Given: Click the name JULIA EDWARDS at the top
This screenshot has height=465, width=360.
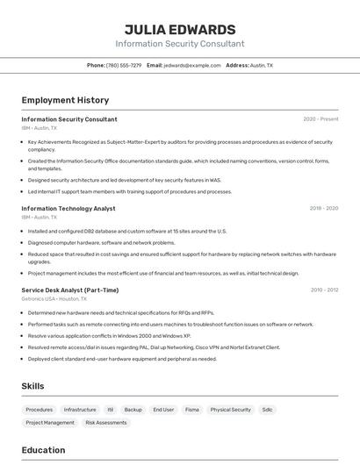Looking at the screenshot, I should click(180, 29).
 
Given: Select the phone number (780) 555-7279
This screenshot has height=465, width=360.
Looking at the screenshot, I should click(123, 65).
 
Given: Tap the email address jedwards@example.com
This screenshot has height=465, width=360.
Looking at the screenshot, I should click(192, 65).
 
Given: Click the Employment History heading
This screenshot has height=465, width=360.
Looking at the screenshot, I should click(65, 100).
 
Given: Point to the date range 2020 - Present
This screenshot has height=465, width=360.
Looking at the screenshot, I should click(320, 119).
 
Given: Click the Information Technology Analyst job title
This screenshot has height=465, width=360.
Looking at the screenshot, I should click(68, 209).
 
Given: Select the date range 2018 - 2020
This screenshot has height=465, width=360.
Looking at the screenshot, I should click(323, 209).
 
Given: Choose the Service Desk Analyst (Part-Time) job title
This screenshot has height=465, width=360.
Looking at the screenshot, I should click(70, 290).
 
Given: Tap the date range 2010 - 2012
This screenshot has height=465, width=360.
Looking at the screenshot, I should click(323, 290).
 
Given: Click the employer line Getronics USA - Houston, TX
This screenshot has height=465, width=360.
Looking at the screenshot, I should click(55, 298).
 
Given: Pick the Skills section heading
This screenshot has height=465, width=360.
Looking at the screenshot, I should click(32, 386).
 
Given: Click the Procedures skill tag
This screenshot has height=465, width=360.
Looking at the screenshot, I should click(40, 410).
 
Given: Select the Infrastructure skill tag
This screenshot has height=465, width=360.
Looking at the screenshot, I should click(80, 410).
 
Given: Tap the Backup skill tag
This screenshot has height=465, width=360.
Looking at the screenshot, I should click(133, 410).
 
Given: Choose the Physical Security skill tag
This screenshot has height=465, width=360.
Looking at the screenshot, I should click(230, 410).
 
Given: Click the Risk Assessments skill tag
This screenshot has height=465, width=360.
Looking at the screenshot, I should click(105, 423).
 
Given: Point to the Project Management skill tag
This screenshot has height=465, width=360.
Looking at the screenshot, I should click(50, 423).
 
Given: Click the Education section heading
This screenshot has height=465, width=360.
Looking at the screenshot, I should click(43, 450).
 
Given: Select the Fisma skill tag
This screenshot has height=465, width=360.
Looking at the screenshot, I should click(191, 410).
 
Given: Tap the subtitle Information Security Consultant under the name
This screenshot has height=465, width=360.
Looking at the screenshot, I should click(180, 44).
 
